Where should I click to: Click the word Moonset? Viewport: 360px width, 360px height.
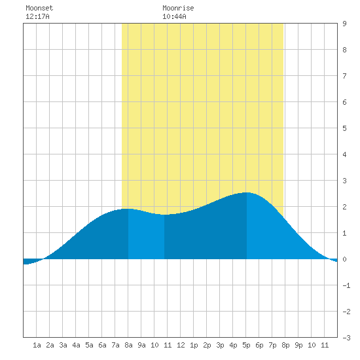click(39, 8)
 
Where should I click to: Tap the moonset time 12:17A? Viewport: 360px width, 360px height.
click(37, 16)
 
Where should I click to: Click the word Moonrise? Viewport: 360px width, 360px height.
click(178, 8)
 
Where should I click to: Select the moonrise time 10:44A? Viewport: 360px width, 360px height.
click(174, 16)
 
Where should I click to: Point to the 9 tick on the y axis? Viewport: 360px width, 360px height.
click(344, 24)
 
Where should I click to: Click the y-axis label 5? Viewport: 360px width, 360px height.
click(344, 128)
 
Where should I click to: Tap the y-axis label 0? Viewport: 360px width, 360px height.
click(344, 259)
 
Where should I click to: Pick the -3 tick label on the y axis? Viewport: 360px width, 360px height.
click(346, 338)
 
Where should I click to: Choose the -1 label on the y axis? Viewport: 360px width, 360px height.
click(346, 285)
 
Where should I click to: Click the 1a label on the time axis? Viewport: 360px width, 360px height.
click(37, 345)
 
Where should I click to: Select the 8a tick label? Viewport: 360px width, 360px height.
click(128, 345)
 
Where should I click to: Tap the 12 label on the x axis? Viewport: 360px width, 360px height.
click(181, 345)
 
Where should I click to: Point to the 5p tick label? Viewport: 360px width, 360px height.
click(246, 345)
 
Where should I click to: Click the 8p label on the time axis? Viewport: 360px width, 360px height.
click(285, 345)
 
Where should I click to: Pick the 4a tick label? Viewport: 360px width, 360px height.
click(76, 345)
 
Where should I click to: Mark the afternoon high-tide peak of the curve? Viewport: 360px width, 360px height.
click(247, 192)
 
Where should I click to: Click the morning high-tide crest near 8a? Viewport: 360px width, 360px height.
click(128, 209)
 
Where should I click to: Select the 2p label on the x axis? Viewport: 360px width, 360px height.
click(207, 345)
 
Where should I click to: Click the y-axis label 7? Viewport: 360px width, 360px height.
click(344, 76)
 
